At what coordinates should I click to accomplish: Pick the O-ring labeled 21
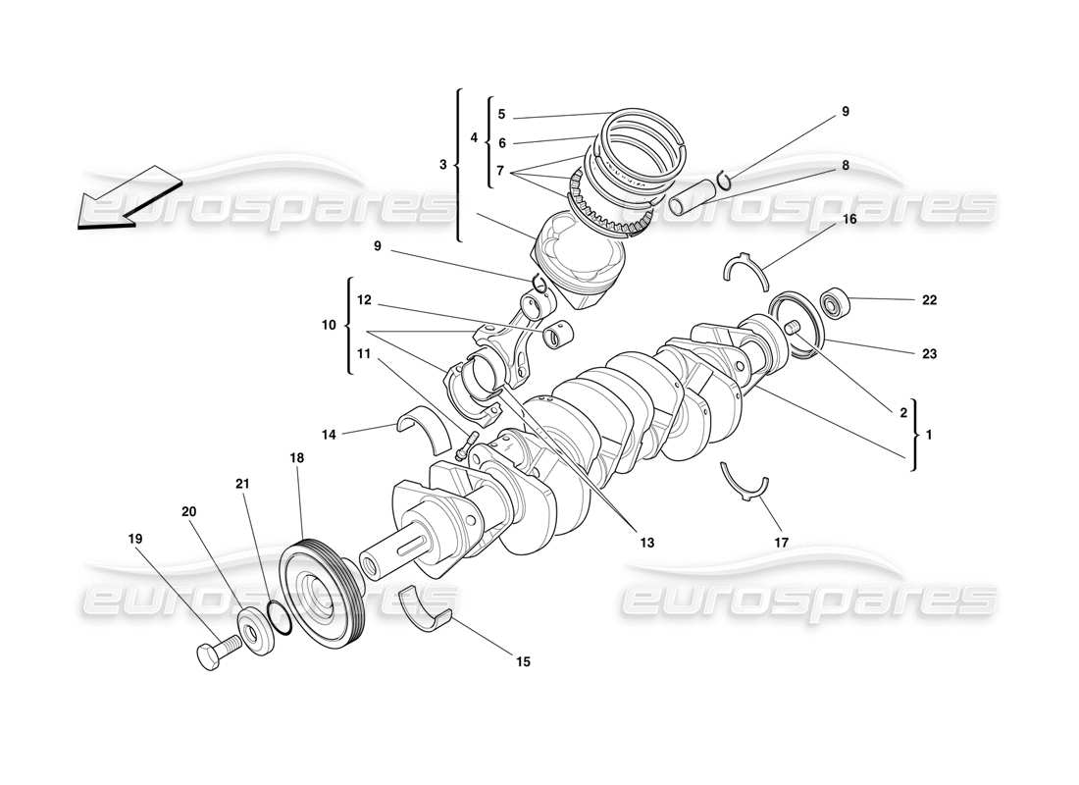279,617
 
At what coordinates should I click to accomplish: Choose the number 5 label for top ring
500,113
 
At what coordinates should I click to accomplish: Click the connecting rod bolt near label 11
465,445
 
